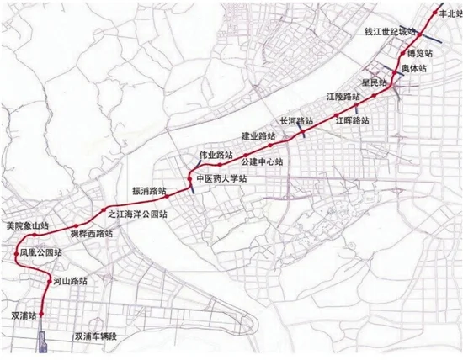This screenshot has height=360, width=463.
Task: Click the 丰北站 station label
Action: pyautogui.click(x=444, y=14)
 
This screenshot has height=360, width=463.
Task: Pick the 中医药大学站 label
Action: pyautogui.click(x=221, y=179)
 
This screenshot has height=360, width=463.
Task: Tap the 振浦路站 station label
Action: pyautogui.click(x=149, y=191)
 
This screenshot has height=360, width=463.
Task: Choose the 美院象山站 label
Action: pyautogui.click(x=27, y=226)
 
